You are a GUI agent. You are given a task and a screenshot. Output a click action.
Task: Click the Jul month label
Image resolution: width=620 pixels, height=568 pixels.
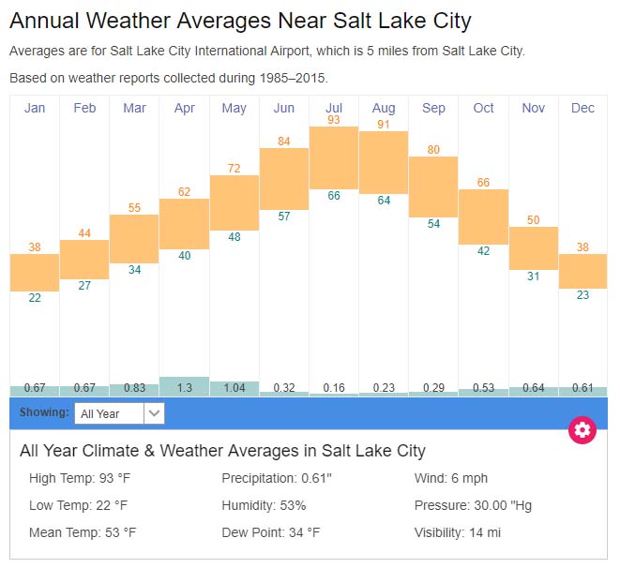click(x=334, y=108)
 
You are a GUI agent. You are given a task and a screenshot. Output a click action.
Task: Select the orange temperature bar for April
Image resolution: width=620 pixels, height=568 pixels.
click(x=184, y=223)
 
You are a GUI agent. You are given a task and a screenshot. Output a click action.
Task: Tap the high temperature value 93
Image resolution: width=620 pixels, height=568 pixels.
click(x=334, y=120)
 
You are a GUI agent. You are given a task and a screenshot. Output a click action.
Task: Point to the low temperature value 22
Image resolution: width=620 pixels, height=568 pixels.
click(x=35, y=298)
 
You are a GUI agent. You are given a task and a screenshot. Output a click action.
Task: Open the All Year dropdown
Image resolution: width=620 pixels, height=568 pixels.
click(x=121, y=413)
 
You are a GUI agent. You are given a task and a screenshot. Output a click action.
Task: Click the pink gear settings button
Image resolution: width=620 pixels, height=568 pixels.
click(x=582, y=430)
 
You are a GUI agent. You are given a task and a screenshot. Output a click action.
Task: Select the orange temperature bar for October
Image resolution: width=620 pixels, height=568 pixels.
click(x=483, y=217)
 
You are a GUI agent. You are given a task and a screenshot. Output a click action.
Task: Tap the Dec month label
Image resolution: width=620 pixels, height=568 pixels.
click(x=582, y=108)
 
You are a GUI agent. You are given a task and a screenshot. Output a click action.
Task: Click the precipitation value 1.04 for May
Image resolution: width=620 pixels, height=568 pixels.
click(x=234, y=388)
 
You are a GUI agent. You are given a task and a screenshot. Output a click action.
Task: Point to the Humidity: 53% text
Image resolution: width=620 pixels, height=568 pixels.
click(x=264, y=505)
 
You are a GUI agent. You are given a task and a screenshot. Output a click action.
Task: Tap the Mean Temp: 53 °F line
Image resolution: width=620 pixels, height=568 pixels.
click(x=83, y=532)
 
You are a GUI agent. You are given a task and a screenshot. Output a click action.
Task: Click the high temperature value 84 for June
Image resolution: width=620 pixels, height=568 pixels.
click(x=284, y=142)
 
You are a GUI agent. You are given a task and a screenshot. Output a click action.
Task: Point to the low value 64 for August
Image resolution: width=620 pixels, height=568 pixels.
click(x=384, y=201)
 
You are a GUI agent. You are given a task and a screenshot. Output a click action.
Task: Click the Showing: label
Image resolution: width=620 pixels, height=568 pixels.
click(x=46, y=412)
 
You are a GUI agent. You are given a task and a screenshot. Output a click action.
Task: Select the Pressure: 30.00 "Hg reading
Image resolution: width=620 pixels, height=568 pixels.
click(x=473, y=505)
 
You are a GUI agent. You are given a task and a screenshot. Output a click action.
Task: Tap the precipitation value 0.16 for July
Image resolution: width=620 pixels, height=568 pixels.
click(x=334, y=388)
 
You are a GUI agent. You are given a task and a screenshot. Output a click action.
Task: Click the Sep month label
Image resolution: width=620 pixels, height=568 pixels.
click(x=433, y=108)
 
